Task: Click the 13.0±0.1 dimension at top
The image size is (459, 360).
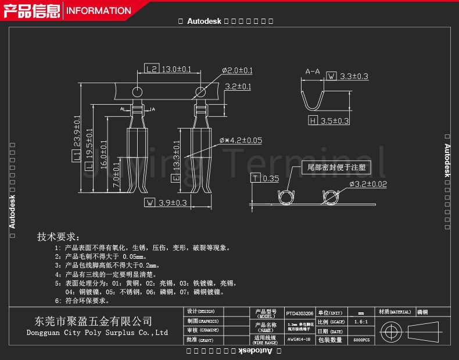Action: point(175,69)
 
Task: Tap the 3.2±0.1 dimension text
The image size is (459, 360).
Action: point(238,87)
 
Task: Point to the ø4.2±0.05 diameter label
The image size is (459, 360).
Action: point(241,140)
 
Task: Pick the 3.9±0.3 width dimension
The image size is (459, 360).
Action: point(173,203)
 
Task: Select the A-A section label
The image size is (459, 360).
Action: point(313,72)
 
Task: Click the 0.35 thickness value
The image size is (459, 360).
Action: point(271,179)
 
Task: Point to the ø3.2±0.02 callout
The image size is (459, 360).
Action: point(368,185)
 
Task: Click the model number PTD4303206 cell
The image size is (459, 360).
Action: point(300,312)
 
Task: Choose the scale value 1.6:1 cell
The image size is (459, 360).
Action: point(360,322)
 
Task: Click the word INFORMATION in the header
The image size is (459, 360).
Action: point(99,10)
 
